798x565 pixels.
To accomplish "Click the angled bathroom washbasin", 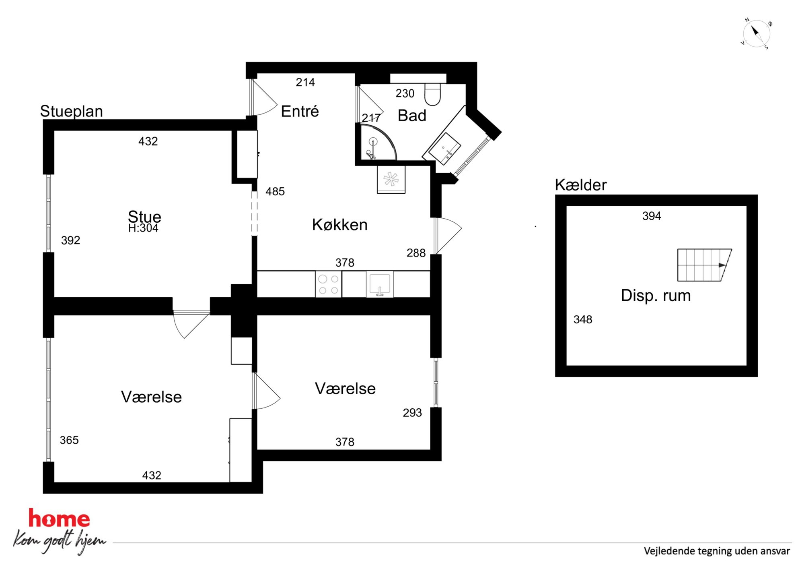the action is (445, 149).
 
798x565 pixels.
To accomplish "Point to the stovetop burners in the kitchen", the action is (329, 284).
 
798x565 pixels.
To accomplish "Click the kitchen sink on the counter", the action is (380, 285).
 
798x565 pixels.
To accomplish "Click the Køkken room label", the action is (340, 225).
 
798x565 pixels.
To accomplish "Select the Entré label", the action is (300, 111).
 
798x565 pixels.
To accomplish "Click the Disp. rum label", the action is (656, 296).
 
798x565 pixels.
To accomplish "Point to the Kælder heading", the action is (580, 185).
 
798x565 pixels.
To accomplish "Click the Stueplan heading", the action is (72, 112).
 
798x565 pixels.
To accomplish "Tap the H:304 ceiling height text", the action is (143, 228).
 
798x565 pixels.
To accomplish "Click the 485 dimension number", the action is (275, 191).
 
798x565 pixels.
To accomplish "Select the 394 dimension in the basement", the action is (652, 216).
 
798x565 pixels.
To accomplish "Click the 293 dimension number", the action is (412, 413).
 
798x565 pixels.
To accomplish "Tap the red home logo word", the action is (59, 519).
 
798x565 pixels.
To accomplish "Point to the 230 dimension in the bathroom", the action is (405, 93).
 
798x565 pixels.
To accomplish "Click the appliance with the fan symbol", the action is (391, 180).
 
